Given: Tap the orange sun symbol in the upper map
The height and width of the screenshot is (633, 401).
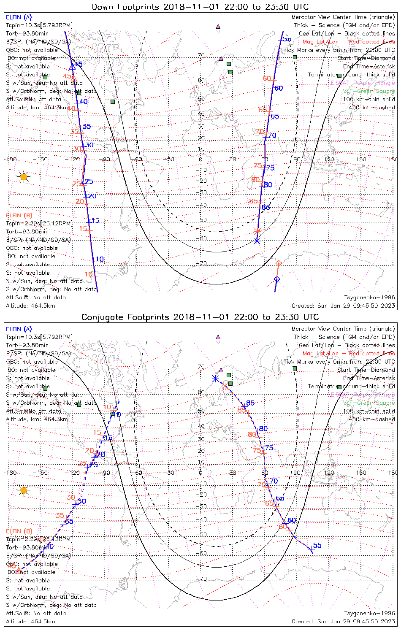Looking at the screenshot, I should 24,176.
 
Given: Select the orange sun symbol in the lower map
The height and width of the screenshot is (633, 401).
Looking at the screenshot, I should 24,490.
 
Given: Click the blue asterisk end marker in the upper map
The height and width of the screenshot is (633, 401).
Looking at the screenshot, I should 257,241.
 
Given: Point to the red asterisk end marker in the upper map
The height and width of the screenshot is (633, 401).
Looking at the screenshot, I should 257,231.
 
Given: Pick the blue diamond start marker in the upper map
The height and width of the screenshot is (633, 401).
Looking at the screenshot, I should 277,279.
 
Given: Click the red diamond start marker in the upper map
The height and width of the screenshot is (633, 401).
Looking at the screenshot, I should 278,263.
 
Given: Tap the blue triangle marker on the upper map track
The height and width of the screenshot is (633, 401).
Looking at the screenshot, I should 72,66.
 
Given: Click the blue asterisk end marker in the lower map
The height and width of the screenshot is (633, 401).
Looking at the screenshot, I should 215,379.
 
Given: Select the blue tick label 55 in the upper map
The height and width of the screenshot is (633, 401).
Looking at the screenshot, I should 287,39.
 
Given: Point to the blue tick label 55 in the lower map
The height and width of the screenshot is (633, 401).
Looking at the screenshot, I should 317,545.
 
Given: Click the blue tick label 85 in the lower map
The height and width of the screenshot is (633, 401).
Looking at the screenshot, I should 250,403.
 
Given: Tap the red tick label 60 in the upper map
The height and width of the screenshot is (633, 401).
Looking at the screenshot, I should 267,78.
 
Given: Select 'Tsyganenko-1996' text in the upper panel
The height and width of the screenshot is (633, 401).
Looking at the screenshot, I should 369,298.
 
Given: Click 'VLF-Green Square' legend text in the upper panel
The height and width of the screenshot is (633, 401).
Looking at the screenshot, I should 368,91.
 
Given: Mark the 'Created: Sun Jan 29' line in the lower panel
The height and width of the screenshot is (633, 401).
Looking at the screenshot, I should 343,621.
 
